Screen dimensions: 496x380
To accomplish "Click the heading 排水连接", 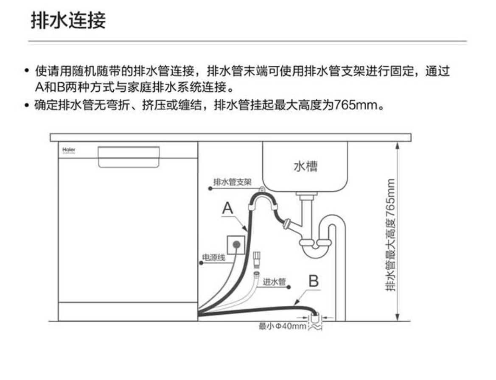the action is coord(68,21).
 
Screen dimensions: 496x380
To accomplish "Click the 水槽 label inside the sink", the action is coord(305,166).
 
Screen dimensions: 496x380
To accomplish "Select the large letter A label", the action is coord(228,209).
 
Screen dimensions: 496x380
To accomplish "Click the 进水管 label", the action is coord(274,281).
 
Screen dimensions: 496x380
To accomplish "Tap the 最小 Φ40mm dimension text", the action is coord(282,326).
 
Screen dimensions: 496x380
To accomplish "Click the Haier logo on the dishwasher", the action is coord(69,150).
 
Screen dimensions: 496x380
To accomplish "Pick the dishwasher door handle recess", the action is coord(129,156).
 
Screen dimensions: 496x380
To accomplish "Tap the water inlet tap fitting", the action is coord(256,259).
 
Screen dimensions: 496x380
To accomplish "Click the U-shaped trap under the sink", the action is coord(315,248).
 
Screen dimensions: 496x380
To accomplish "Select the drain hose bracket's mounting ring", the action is coord(262,189).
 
